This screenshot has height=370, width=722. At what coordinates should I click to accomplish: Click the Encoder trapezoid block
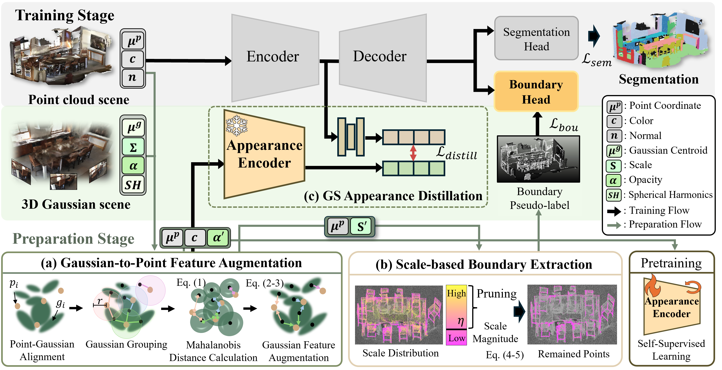click(273, 58)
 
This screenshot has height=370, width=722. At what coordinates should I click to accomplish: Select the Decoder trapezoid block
click(381, 58)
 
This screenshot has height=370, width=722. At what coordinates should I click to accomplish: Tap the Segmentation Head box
click(536, 38)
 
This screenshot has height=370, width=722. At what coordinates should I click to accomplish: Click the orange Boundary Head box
click(536, 92)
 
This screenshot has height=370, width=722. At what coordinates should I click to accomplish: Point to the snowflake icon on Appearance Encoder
click(237, 125)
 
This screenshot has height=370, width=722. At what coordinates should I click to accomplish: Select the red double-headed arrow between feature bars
click(413, 153)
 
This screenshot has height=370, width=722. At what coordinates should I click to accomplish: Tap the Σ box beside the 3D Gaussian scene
click(133, 147)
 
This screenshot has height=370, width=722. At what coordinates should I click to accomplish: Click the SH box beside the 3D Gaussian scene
click(133, 185)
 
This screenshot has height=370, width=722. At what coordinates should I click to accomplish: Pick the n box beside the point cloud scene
click(133, 77)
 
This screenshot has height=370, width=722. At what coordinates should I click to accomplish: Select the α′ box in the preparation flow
click(218, 238)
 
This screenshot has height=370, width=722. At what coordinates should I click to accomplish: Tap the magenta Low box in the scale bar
click(456, 338)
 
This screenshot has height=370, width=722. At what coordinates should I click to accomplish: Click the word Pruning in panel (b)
click(496, 294)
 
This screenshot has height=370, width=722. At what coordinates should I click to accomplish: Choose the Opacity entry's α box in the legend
click(614, 180)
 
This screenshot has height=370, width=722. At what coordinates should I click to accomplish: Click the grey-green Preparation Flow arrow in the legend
click(614, 225)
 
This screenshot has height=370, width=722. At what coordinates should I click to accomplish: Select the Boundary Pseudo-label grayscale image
click(538, 159)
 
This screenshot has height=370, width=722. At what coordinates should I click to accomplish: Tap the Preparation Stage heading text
click(73, 239)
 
